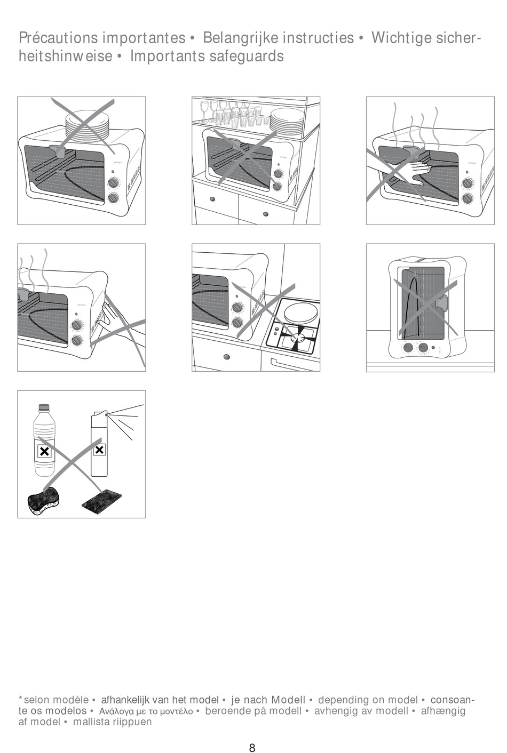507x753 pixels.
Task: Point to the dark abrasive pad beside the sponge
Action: coord(102,501)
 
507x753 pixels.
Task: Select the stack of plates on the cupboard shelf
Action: coord(286,120)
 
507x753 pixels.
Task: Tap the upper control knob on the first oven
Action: coord(113,183)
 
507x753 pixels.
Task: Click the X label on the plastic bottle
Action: coord(44,451)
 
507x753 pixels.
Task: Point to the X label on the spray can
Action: coord(99,450)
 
